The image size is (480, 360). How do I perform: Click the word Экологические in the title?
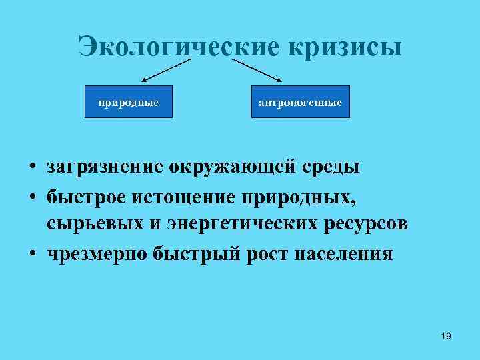[179, 47]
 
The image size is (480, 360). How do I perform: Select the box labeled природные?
[128, 102]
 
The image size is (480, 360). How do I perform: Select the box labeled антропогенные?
[300, 102]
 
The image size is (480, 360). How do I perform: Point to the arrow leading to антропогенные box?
[260, 70]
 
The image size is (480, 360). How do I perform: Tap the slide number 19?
[446, 336]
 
